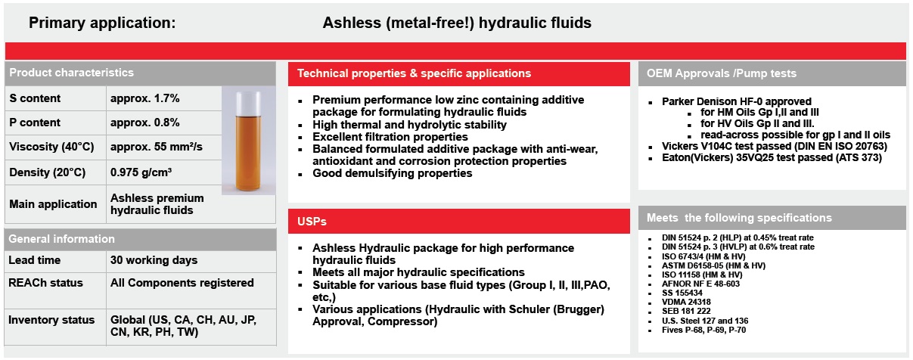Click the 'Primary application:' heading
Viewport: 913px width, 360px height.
click(102, 23)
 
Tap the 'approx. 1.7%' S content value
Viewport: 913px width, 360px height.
click(144, 98)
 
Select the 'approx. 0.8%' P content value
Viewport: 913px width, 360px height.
click(144, 123)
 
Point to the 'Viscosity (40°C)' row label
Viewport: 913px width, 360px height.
click(51, 147)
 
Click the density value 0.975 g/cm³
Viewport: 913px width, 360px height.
click(141, 172)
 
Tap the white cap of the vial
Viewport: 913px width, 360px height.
click(248, 104)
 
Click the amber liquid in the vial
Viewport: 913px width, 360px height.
click(248, 153)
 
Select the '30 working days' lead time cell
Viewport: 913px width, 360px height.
click(154, 260)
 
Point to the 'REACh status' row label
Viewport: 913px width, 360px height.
click(45, 283)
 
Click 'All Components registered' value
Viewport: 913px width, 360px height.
click(182, 283)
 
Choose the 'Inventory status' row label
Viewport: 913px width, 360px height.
click(51, 320)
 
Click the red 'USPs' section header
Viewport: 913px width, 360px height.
click(312, 222)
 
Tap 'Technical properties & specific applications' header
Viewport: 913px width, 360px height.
click(414, 73)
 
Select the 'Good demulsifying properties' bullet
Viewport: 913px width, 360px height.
click(392, 173)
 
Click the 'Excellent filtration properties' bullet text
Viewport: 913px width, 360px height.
click(390, 137)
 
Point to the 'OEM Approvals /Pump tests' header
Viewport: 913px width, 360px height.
click(722, 73)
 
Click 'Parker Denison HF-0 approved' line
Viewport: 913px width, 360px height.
click(737, 101)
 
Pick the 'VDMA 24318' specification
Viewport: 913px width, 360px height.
click(686, 302)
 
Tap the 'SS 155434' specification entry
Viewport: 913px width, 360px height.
click(682, 293)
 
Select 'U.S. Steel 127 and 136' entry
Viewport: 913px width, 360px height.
click(705, 321)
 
